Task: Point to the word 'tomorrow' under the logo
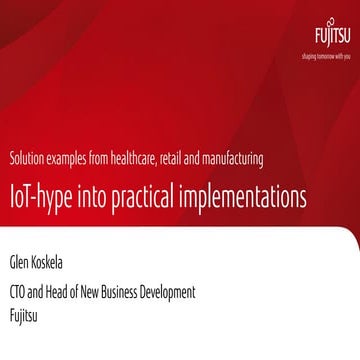316,58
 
